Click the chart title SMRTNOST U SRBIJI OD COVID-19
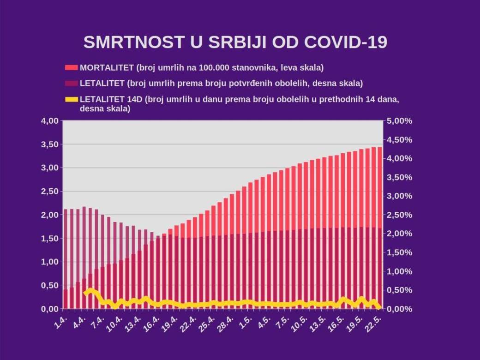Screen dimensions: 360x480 pyautogui.click(x=235, y=42)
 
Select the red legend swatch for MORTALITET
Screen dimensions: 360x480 pyautogui.click(x=71, y=68)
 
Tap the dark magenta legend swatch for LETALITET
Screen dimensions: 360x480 pyautogui.click(x=71, y=84)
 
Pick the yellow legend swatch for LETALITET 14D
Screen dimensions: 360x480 pyautogui.click(x=71, y=99)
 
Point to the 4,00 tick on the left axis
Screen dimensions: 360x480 pyautogui.click(x=49, y=121)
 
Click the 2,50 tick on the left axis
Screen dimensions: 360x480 pyautogui.click(x=49, y=191)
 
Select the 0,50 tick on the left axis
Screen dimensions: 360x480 pyautogui.click(x=49, y=285)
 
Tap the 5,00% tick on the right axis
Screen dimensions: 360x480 pyautogui.click(x=399, y=121)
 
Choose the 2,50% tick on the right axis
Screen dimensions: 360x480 pyautogui.click(x=399, y=215)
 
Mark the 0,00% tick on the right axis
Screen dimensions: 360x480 pyautogui.click(x=399, y=309)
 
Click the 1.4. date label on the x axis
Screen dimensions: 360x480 pyautogui.click(x=60, y=322)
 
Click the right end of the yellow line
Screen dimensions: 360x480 pyautogui.click(x=379, y=307)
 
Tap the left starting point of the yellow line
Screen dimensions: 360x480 pyautogui.click(x=85, y=293)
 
